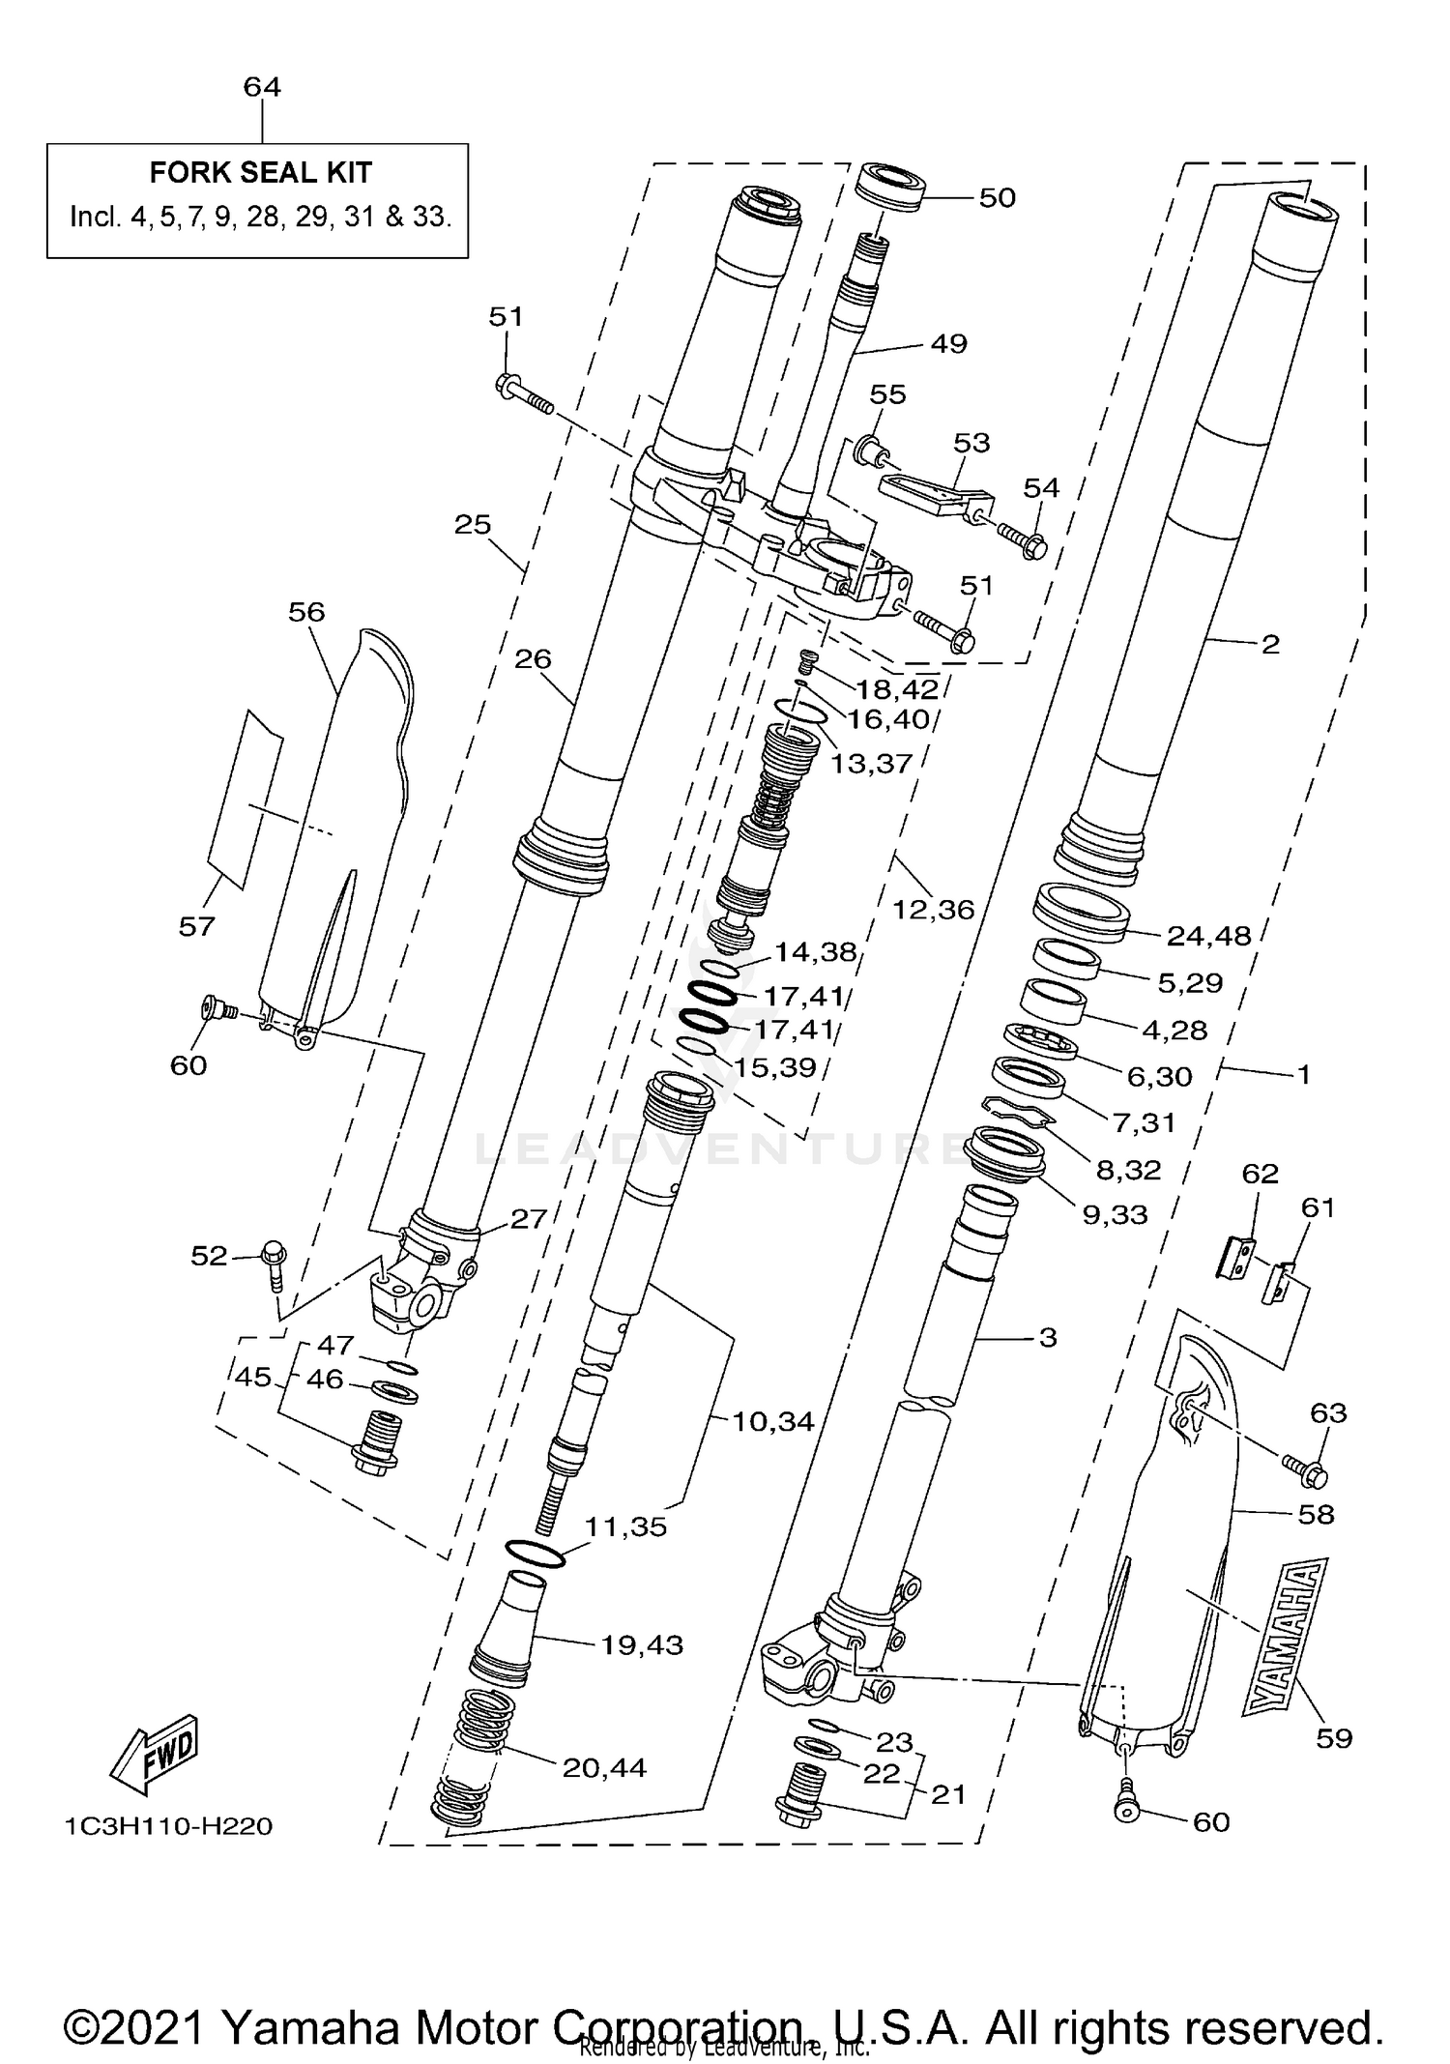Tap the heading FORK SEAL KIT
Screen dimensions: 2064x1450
(260, 173)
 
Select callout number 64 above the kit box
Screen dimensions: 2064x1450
(262, 87)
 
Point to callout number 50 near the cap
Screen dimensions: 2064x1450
(997, 197)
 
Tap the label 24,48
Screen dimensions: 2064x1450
(1208, 935)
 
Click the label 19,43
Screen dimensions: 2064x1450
(641, 1643)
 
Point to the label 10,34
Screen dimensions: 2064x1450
(773, 1421)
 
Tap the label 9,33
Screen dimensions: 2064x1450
(1114, 1214)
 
